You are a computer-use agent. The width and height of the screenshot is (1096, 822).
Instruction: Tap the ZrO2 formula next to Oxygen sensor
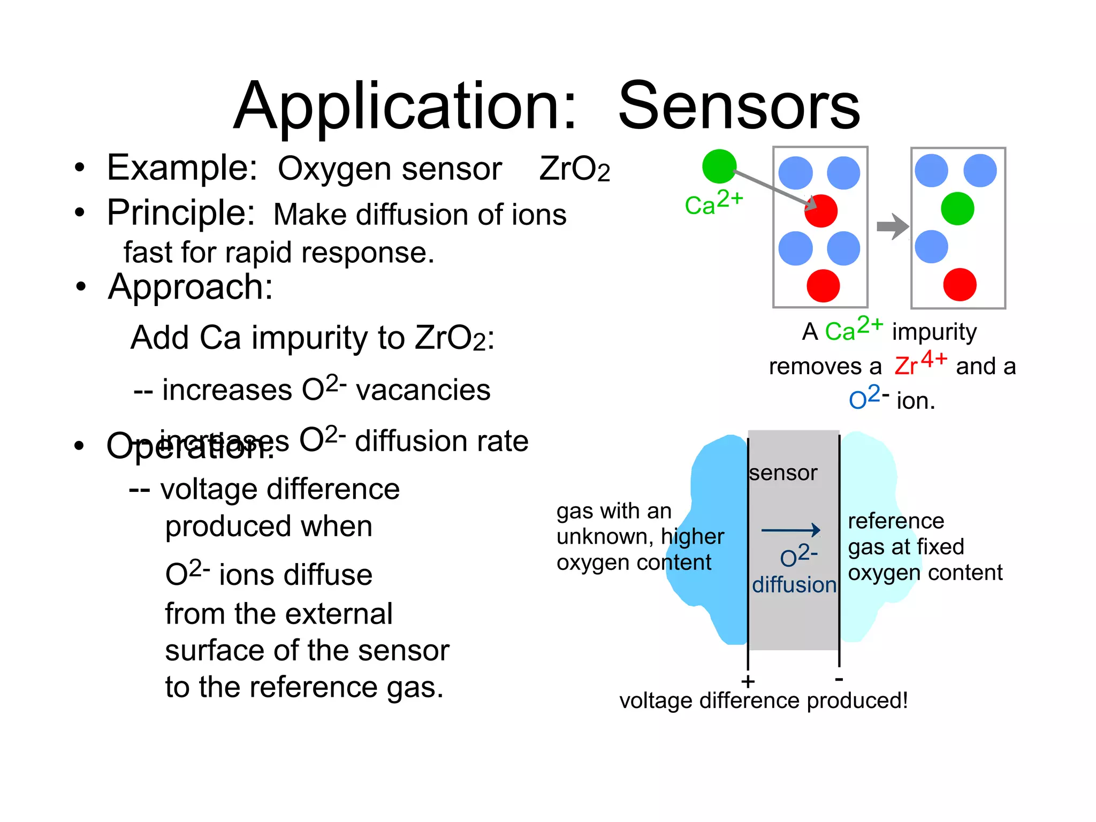[x=574, y=169]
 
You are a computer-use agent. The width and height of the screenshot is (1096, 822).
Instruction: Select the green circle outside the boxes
[x=719, y=166]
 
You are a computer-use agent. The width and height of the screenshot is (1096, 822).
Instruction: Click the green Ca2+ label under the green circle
[x=713, y=202]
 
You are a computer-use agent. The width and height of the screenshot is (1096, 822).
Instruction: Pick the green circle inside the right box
[x=957, y=209]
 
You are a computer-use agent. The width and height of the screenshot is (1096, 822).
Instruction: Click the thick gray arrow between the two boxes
[x=892, y=226]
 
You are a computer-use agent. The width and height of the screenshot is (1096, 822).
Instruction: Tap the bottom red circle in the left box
[x=823, y=286]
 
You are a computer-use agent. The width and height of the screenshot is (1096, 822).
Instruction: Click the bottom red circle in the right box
[x=960, y=285]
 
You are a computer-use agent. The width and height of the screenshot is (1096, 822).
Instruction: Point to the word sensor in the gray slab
[x=783, y=473]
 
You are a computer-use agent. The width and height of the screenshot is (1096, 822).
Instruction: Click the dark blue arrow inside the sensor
[x=790, y=530]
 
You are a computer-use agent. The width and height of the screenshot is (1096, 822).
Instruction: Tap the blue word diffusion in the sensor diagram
[x=794, y=585]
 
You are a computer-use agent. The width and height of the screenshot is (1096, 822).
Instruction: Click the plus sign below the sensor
[x=748, y=681]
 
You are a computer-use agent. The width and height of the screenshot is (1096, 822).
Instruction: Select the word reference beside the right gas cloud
[x=896, y=521]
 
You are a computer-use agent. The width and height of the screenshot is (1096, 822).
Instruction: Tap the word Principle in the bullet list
[x=180, y=213]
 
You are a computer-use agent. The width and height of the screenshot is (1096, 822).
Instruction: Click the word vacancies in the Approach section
[x=423, y=390]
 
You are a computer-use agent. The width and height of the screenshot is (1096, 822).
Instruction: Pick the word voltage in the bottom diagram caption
[x=656, y=701]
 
